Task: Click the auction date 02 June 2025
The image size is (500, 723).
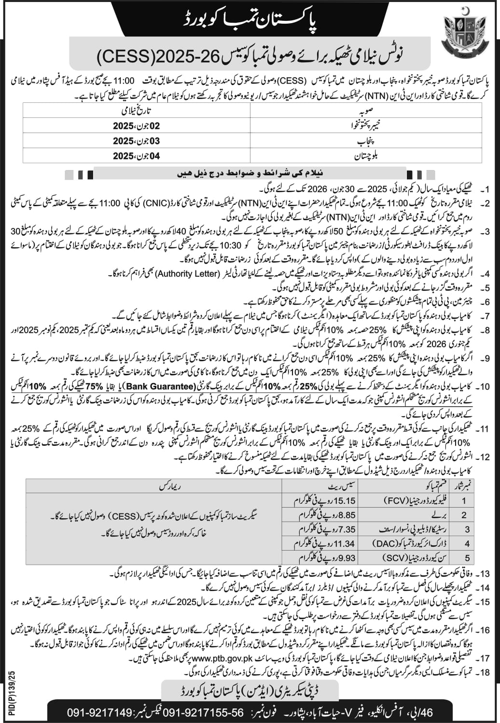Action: [x=136, y=126]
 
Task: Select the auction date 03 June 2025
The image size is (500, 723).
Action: [x=136, y=141]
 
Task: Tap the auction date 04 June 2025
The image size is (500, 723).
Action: [x=136, y=156]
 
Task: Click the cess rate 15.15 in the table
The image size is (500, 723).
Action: [x=344, y=501]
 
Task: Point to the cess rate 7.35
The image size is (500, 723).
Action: [x=346, y=529]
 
